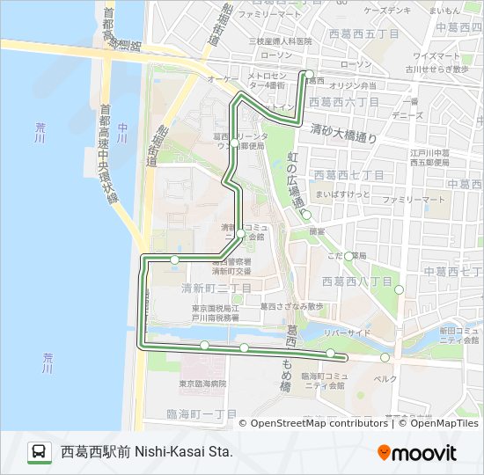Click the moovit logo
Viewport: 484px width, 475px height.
pyautogui.click(x=417, y=453)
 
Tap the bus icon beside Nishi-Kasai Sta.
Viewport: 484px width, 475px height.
pyautogui.click(x=39, y=453)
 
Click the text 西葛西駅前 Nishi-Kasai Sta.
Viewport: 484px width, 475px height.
pyautogui.click(x=146, y=453)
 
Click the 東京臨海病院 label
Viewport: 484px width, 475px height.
pyautogui.click(x=202, y=384)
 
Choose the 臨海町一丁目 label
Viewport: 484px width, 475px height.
pyautogui.click(x=202, y=413)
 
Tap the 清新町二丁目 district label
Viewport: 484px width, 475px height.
pyautogui.click(x=216, y=288)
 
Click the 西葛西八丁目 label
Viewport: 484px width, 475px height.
pyautogui.click(x=357, y=281)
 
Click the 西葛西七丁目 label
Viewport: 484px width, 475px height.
pyautogui.click(x=348, y=175)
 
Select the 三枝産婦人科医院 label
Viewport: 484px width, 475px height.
pyautogui.click(x=280, y=41)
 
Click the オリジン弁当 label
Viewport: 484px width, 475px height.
pyautogui.click(x=356, y=85)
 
